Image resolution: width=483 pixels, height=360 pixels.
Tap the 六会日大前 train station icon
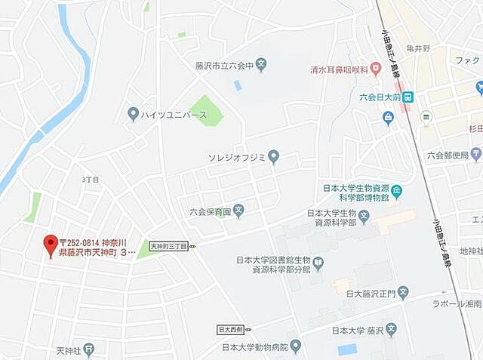(408, 97)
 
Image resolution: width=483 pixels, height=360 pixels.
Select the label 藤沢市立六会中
(222, 65)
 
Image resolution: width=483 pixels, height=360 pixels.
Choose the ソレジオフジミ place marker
(274, 157)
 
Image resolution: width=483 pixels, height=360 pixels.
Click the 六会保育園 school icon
(238, 211)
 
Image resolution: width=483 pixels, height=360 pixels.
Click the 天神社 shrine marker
(90, 349)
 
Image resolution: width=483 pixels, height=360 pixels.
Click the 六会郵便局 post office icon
(475, 156)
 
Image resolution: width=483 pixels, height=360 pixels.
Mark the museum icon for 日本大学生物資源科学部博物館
(398, 192)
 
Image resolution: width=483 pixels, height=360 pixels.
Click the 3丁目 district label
(91, 180)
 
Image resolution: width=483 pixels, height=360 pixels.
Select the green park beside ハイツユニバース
(206, 111)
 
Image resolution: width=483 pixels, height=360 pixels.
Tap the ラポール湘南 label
(460, 303)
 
